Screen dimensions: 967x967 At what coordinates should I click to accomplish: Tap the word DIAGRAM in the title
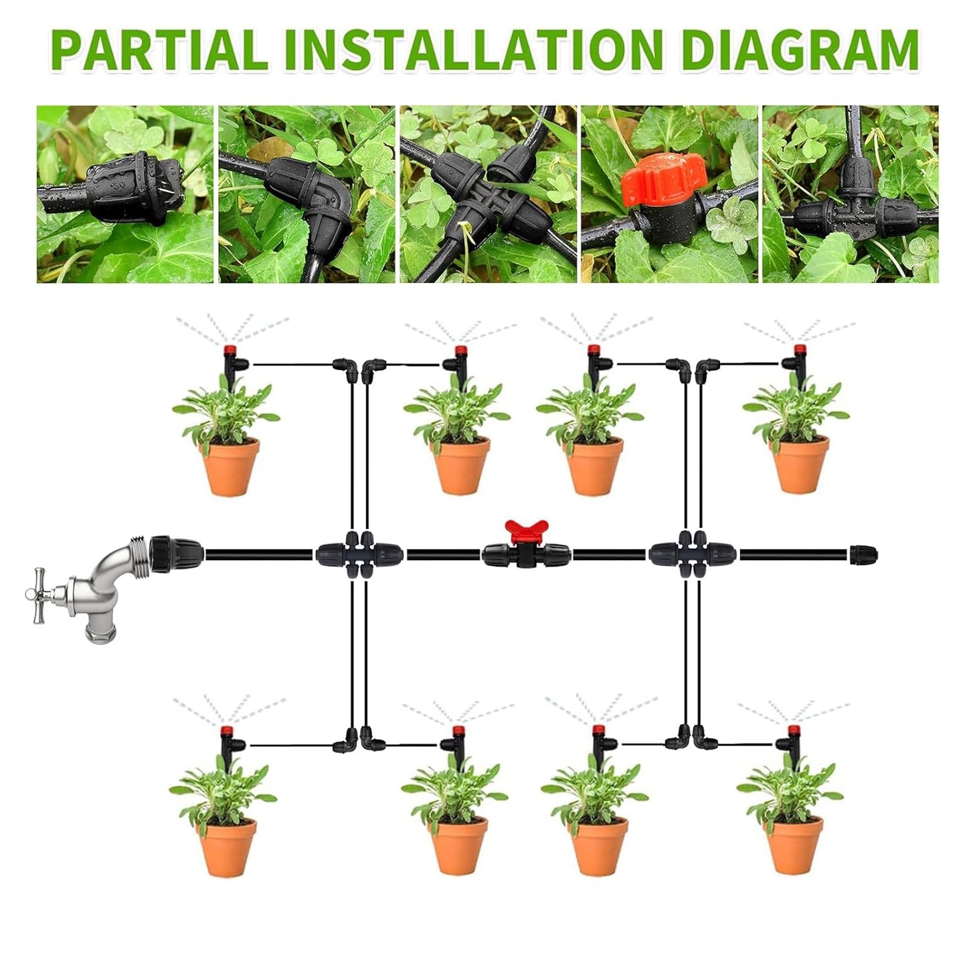796,49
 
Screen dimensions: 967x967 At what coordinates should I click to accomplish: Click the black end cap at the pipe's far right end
863,554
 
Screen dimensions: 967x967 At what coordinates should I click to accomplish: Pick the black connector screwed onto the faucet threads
175,554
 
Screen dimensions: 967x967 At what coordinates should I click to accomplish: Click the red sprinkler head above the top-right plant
798,350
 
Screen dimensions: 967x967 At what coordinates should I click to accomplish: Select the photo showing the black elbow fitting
306,194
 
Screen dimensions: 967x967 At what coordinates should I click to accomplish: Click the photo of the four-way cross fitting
488,194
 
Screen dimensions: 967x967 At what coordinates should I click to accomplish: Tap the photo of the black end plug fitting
125,194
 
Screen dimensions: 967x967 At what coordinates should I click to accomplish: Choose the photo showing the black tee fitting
850,194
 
